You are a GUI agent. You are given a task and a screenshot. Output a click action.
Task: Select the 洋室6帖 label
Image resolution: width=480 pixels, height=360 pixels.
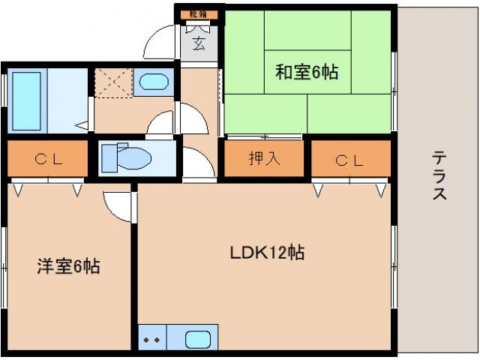(x=69, y=265)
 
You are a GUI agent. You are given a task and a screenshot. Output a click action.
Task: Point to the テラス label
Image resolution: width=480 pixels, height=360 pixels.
(x=439, y=175)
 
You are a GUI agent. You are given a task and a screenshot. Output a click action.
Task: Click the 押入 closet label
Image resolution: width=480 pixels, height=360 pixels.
(x=260, y=159)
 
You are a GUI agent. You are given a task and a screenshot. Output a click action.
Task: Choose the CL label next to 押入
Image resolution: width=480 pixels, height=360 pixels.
(x=350, y=159)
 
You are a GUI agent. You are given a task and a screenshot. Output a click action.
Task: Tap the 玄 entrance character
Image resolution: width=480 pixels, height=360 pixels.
(x=199, y=43)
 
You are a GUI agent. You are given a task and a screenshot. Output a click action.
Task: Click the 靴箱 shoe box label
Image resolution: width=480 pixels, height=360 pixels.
(x=198, y=14)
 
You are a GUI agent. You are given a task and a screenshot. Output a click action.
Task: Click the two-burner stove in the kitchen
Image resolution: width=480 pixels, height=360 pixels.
(x=151, y=338)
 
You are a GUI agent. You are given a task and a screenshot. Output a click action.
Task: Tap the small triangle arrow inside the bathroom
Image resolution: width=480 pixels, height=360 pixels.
(x=82, y=125)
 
